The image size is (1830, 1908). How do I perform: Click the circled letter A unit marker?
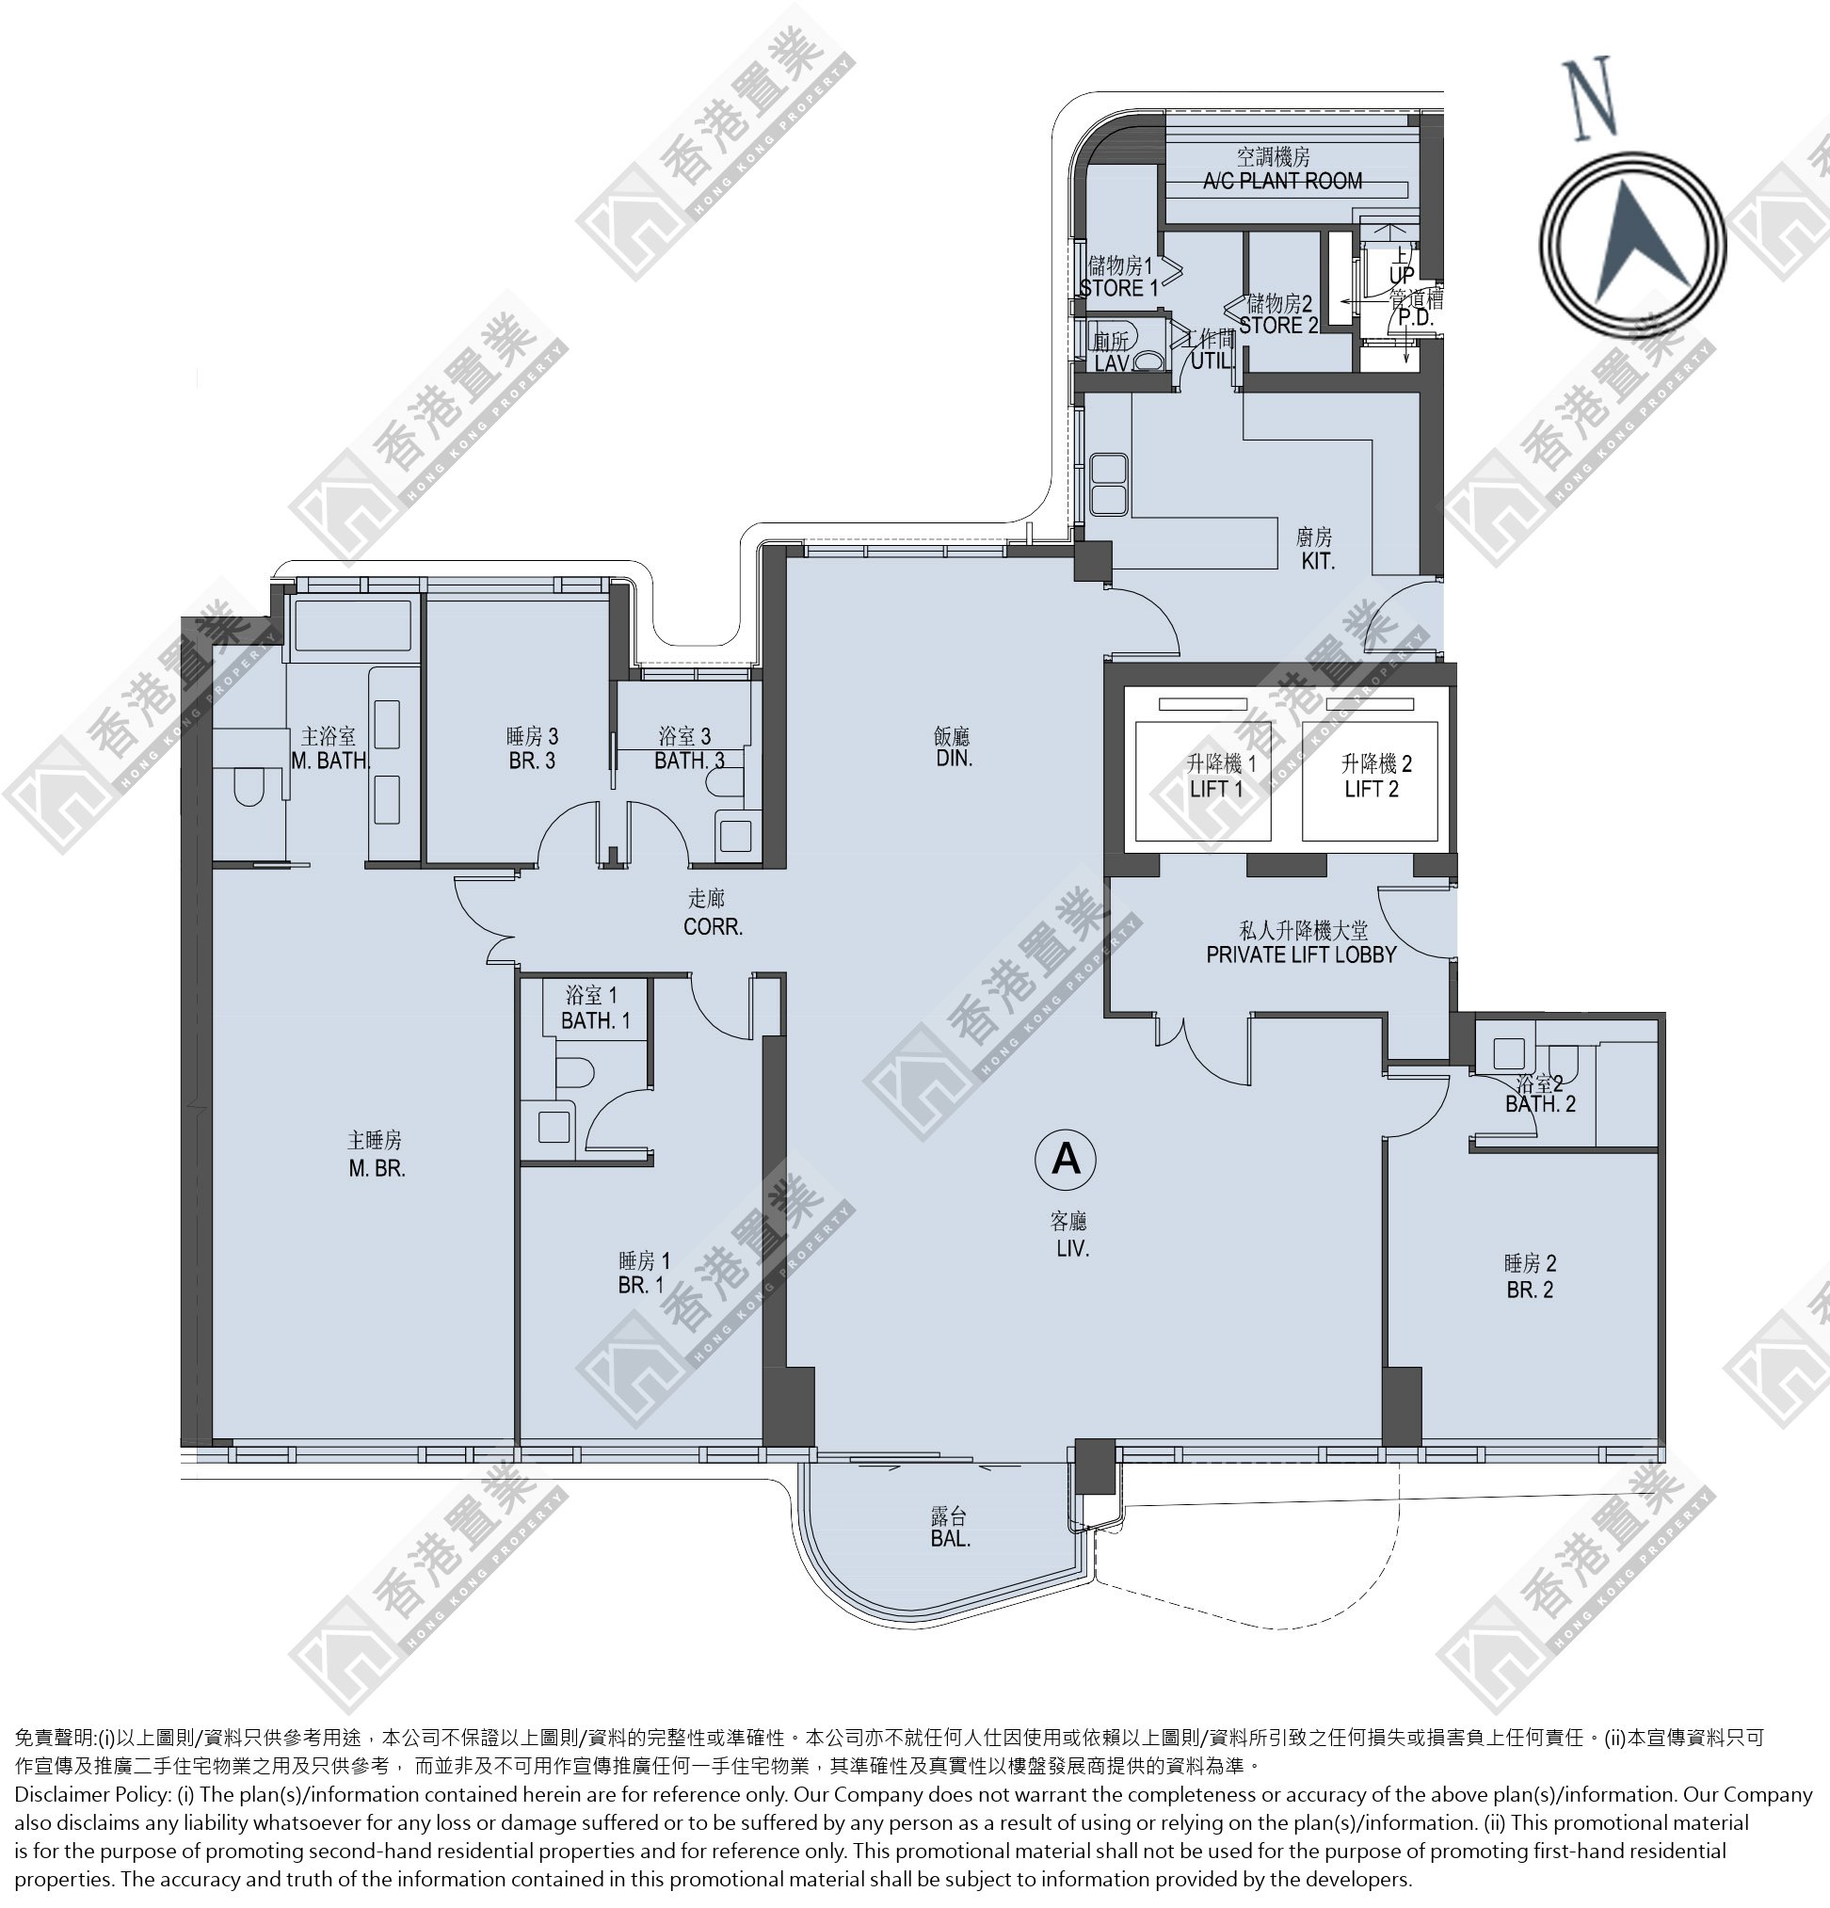(1066, 1160)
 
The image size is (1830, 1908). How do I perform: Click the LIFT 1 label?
(1217, 789)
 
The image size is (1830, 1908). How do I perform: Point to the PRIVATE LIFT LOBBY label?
(1302, 955)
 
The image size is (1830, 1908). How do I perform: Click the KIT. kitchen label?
(1317, 561)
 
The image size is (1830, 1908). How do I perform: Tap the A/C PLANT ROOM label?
(1282, 180)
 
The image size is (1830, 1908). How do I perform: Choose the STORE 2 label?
(1278, 325)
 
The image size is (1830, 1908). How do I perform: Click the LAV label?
(1111, 363)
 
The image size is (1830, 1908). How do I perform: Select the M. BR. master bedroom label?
(377, 1168)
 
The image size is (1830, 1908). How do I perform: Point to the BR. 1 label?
(640, 1285)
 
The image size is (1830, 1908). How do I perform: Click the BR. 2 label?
(1529, 1290)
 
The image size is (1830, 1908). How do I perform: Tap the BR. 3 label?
(532, 761)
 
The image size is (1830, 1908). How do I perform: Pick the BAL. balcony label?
(950, 1539)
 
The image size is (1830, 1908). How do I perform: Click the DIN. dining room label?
(954, 758)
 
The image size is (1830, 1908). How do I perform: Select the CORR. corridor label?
(713, 927)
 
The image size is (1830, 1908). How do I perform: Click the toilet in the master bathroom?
(248, 787)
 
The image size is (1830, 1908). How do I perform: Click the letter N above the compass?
(1590, 98)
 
